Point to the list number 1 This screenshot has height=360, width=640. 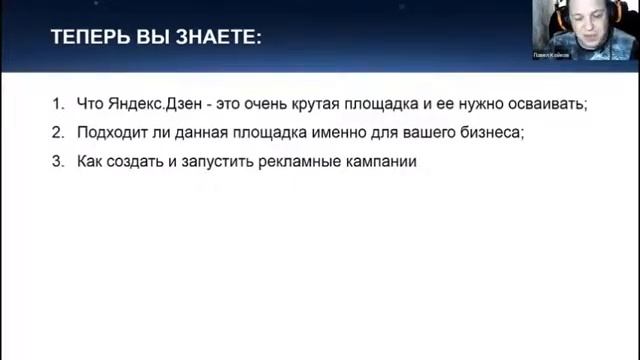tap(58, 103)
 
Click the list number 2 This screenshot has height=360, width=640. tap(58, 131)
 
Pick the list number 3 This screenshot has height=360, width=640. tap(58, 160)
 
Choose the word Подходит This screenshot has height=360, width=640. tap(111, 131)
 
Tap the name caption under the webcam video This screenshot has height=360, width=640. tap(552, 56)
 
